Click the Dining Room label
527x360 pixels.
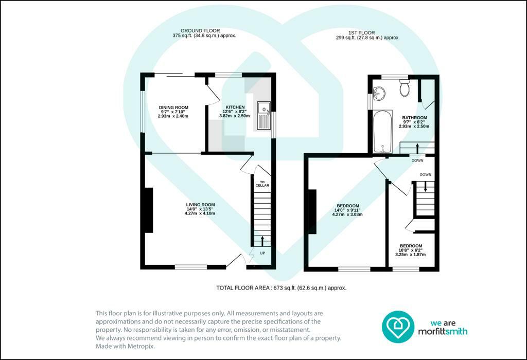coord(173,107)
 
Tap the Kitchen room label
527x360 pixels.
coord(235,107)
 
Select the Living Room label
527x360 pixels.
coord(200,205)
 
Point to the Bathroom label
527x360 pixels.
coord(414,118)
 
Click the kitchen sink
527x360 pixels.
coord(264,116)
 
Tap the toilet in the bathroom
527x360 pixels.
coord(404,87)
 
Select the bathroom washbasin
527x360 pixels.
coord(379,93)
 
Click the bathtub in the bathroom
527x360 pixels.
coord(382,132)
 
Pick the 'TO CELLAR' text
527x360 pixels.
coord(262,184)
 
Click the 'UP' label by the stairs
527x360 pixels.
coord(262,253)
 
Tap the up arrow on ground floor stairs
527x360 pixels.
coord(262,240)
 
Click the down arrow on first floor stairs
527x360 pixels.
coord(426,186)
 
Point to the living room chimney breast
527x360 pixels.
coord(149,210)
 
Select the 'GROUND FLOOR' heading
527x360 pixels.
coord(200,30)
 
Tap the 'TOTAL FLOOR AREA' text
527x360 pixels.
coord(281,288)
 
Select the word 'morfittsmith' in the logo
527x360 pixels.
coord(442,331)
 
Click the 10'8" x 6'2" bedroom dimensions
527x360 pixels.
coord(410,250)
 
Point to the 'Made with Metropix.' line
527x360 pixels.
coord(126,346)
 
